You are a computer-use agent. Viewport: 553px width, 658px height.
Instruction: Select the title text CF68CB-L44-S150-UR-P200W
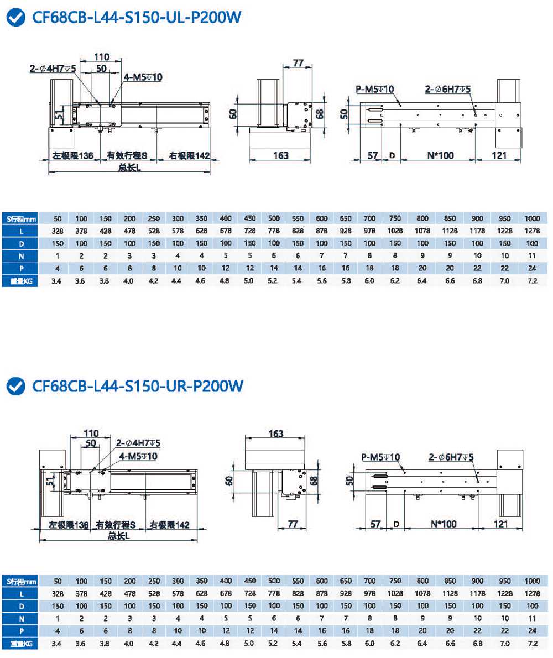(x=138, y=385)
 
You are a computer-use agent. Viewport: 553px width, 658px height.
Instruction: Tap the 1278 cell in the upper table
(x=532, y=231)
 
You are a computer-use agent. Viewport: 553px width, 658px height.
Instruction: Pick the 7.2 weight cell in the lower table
(x=532, y=643)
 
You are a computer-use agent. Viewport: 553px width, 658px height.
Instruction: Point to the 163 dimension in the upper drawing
(x=281, y=155)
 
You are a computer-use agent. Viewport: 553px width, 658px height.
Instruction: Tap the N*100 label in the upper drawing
(x=441, y=155)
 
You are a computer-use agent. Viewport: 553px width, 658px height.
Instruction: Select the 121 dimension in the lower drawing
(x=499, y=524)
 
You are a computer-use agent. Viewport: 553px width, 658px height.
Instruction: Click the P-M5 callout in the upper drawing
(x=374, y=89)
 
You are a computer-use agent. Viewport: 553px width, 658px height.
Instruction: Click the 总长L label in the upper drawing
(x=129, y=168)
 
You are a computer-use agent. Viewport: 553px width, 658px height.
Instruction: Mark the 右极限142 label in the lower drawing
(x=169, y=524)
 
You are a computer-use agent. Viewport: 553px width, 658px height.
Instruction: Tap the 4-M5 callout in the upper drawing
(x=143, y=77)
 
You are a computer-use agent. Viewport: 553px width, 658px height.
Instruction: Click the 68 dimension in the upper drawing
(x=319, y=114)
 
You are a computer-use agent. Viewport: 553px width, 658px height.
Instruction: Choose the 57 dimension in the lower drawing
(x=375, y=524)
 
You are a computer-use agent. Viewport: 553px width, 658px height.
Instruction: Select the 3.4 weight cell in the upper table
(x=57, y=281)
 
